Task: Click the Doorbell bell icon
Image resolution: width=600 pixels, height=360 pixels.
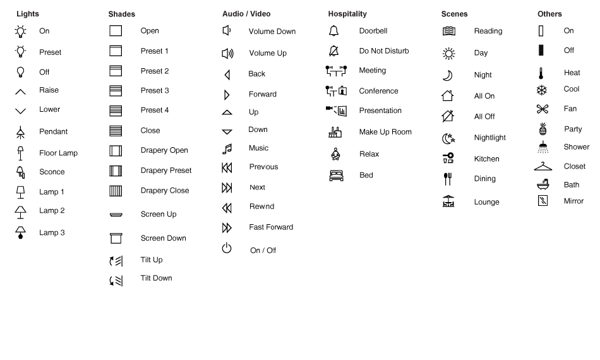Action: click(334, 31)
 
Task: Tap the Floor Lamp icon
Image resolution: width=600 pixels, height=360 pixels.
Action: click(20, 153)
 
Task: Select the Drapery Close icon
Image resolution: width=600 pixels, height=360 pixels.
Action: click(116, 191)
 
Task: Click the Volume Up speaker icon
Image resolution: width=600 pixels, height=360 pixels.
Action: click(227, 53)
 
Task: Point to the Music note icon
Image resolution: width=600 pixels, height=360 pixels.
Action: click(227, 149)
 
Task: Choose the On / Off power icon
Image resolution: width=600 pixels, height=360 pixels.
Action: click(227, 249)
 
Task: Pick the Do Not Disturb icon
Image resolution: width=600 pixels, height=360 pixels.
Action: click(334, 51)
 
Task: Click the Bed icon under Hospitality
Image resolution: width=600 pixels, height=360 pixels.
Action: click(336, 176)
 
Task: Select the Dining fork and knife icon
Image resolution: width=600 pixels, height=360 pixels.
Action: click(448, 179)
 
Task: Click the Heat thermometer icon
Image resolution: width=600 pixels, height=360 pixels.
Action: click(541, 73)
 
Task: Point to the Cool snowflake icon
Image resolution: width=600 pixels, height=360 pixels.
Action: click(541, 90)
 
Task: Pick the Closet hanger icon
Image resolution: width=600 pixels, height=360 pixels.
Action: click(543, 167)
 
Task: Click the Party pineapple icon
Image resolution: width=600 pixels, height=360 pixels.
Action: click(542, 129)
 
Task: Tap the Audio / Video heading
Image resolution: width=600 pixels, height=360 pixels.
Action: click(246, 14)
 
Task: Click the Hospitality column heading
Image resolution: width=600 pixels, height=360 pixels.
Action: click(347, 14)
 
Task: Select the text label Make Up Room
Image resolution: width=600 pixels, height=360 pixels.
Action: click(385, 132)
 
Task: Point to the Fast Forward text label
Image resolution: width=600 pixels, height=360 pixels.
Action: click(271, 227)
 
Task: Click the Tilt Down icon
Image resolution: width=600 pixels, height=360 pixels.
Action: click(116, 280)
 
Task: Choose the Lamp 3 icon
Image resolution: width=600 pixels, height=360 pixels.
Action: click(20, 232)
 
